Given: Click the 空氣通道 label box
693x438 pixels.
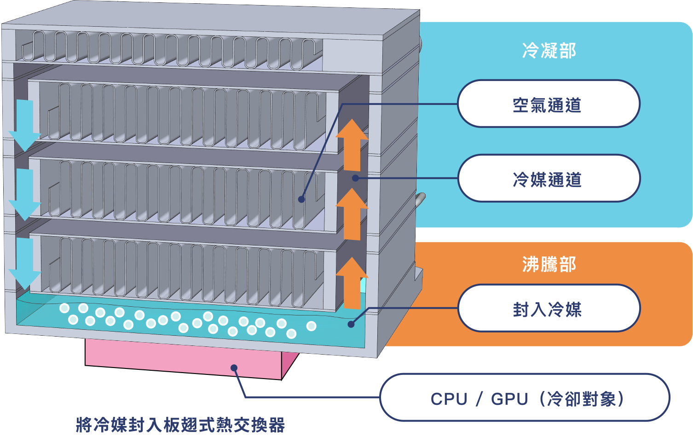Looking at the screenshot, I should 548,104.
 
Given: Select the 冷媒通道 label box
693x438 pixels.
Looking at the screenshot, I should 548,179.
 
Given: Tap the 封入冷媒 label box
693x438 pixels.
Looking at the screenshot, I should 548,309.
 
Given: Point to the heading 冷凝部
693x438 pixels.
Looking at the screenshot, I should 549,50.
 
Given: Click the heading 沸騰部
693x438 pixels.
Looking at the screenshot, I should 549,264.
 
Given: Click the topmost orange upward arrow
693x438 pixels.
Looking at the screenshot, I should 352,145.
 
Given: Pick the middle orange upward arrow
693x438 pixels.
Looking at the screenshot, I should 352,214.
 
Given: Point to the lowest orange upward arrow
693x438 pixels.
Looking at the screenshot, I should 352,283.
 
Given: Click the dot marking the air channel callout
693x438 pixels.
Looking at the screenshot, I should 301,199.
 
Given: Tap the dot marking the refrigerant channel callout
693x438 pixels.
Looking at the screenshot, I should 355,178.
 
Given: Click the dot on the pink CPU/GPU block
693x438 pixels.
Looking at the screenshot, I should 234,368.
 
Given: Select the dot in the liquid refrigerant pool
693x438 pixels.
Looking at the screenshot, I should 351,324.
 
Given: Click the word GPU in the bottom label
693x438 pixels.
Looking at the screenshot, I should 509,398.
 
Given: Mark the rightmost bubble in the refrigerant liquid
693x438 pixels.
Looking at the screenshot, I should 311,326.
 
